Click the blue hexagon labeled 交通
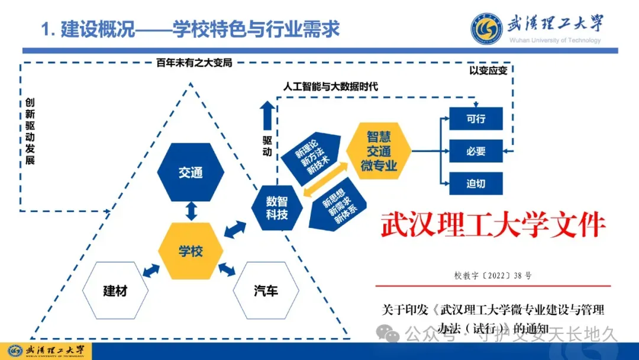coord(191,172)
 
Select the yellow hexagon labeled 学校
coord(191,250)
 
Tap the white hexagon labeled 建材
coord(115,291)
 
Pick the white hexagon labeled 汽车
coord(266,291)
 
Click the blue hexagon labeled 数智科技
coord(276,208)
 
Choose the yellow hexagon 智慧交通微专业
coord(379,151)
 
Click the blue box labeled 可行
coord(476,118)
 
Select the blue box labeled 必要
coord(476,151)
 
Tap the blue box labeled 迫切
coord(476,184)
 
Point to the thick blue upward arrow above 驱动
coord(267,115)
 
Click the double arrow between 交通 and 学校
coord(191,211)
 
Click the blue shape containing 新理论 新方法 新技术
coord(314,155)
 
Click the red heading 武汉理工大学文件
coord(492,226)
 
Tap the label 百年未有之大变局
coord(194,62)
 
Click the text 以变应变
coord(488,70)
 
